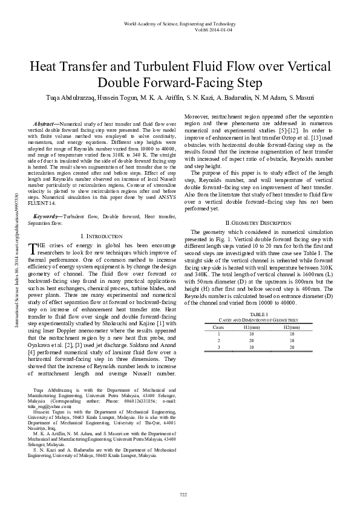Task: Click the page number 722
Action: tap(183, 494)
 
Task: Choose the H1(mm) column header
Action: tap(252, 326)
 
